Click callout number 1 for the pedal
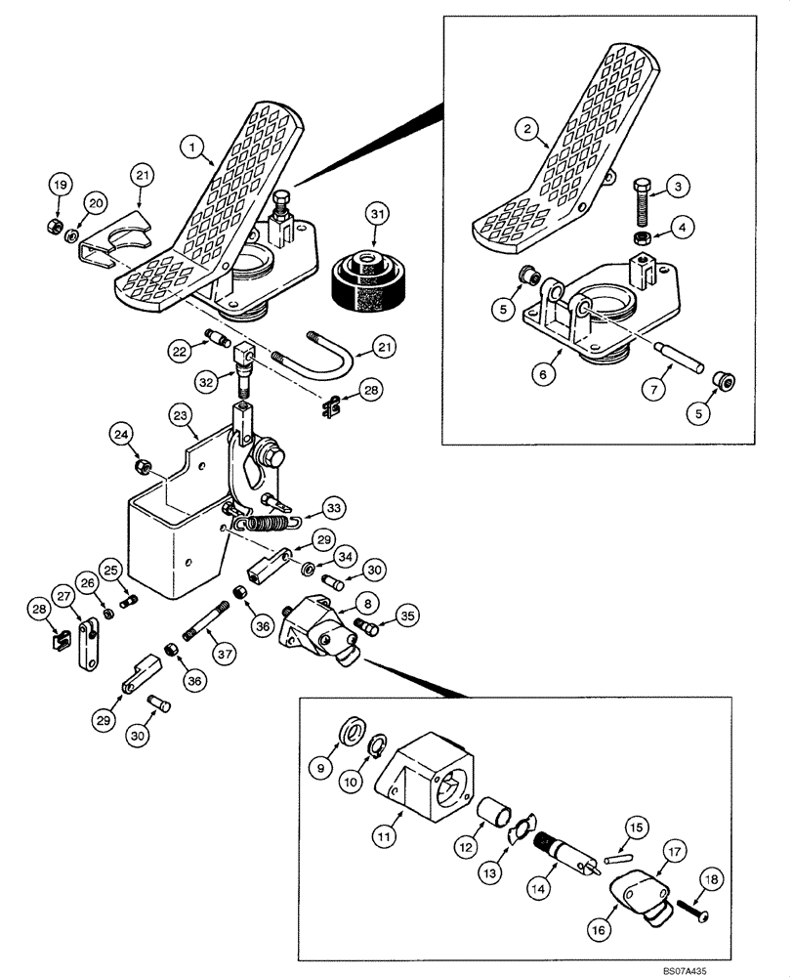(x=193, y=148)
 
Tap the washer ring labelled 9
(x=351, y=730)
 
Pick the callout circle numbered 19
(x=59, y=185)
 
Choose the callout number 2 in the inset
(x=527, y=128)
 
